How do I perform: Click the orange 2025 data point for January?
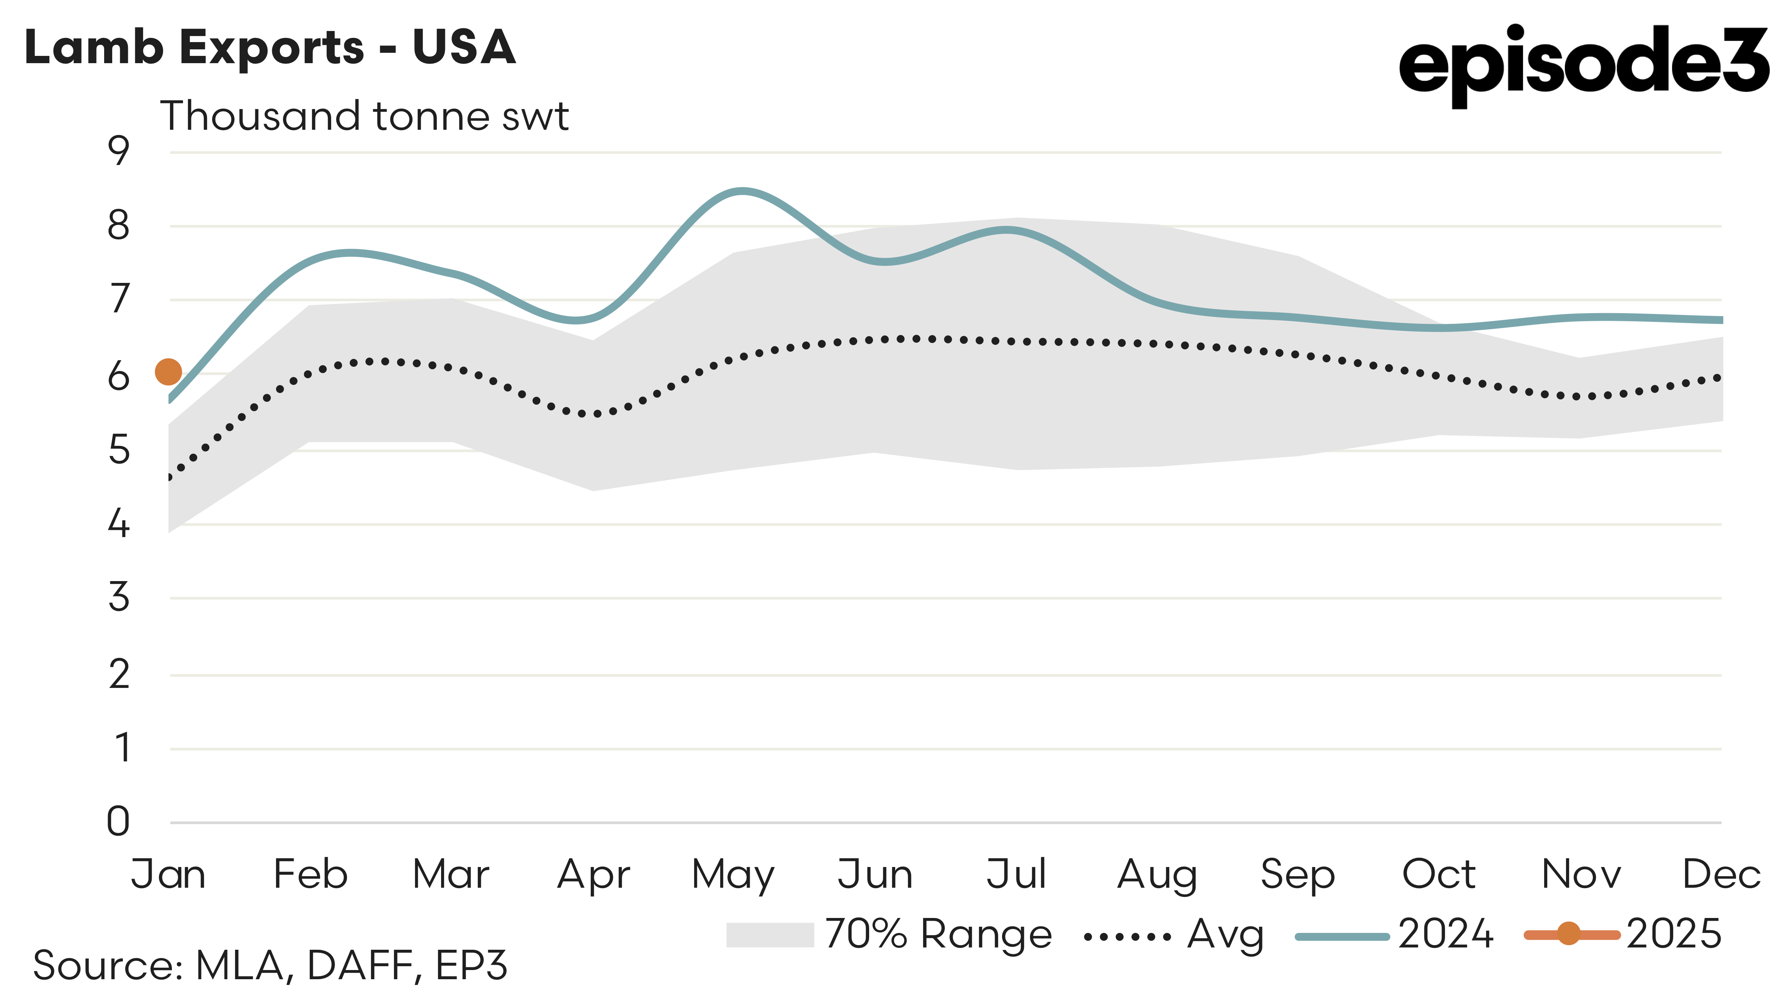(168, 372)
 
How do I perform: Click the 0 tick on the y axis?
(119, 822)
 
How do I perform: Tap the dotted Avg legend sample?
(1127, 937)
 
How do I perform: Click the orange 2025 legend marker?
(1568, 934)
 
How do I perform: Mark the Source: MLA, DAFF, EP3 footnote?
(270, 965)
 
